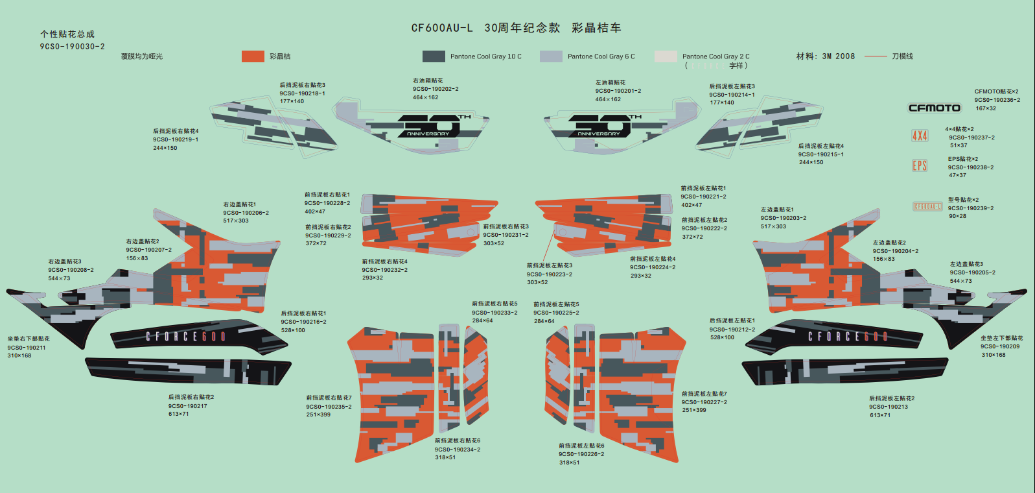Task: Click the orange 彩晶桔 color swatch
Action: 253,56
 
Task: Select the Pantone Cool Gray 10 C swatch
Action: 434,56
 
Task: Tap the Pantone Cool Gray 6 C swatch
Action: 551,56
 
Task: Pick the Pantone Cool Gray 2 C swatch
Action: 666,56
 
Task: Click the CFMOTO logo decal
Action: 934,108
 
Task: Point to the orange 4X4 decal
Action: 920,136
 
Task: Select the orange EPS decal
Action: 920,165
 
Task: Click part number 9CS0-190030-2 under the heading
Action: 72,47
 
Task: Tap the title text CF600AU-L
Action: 442,28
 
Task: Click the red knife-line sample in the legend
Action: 876,56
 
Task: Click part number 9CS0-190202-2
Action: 436,89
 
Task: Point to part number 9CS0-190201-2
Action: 618,91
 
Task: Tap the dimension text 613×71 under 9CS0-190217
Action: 178,414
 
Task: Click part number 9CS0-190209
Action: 999,346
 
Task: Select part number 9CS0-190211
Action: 27,348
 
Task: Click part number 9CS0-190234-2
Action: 458,449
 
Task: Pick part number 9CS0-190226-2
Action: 581,454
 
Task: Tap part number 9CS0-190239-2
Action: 970,208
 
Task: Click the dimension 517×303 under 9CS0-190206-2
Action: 236,221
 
